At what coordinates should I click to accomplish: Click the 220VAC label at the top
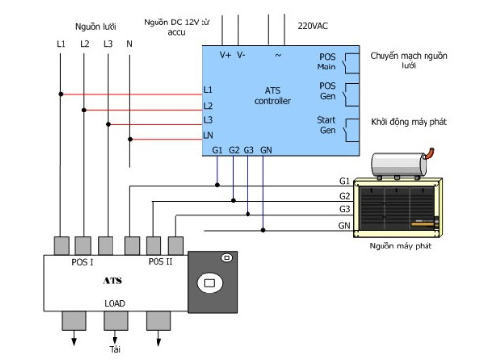click(312, 26)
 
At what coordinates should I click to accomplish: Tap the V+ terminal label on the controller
click(225, 55)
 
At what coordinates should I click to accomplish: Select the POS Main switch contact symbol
click(351, 64)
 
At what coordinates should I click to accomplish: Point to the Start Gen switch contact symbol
click(351, 130)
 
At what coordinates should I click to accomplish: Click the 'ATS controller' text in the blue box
click(272, 96)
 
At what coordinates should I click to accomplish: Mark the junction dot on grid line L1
click(61, 94)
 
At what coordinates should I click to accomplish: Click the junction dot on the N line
click(130, 139)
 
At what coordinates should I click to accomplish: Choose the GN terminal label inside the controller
click(266, 150)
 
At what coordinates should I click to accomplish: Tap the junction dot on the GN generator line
click(263, 230)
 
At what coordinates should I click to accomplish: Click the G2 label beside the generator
click(344, 196)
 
